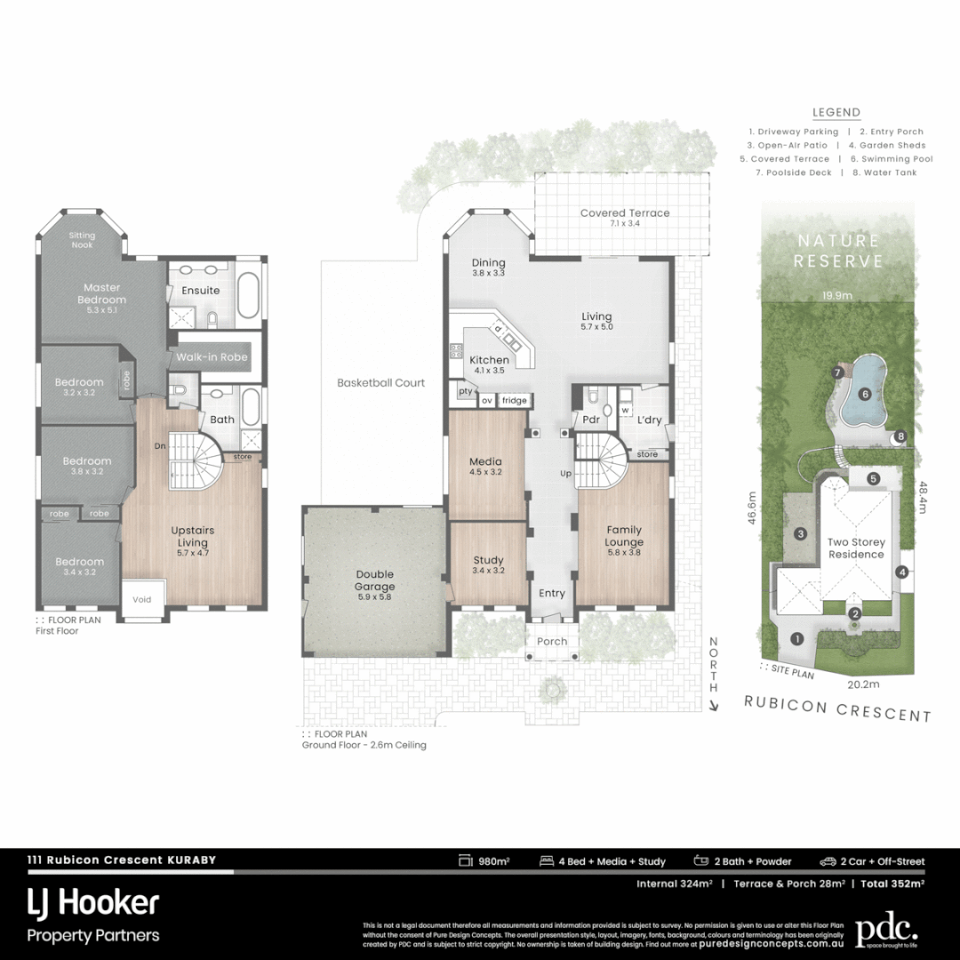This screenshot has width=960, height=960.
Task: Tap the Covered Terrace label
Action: (625, 218)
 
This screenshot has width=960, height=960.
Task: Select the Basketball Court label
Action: (380, 383)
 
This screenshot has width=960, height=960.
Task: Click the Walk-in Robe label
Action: (212, 356)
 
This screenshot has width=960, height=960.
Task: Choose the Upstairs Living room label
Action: (193, 541)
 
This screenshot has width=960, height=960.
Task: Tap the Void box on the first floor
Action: (141, 599)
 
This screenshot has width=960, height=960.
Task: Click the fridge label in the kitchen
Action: (514, 401)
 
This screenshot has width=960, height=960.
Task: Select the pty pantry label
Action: (465, 391)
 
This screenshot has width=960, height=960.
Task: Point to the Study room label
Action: (488, 565)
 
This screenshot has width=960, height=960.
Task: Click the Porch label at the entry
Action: (551, 642)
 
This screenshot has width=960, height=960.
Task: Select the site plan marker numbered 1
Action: (797, 638)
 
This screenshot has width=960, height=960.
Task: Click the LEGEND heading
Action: (836, 113)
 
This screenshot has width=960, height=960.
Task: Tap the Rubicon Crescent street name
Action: (837, 712)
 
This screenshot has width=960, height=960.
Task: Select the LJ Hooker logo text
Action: (93, 905)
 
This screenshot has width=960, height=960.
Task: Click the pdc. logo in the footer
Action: (885, 931)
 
